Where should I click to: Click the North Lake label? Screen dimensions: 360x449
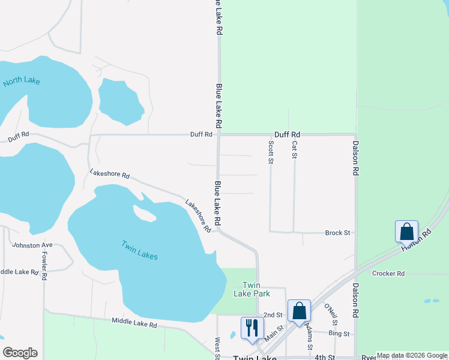coord(21,80)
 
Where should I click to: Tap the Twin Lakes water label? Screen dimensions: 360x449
coord(139,250)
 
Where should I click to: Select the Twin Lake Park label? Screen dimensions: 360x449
coord(256,289)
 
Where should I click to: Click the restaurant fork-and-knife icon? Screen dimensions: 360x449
coord(252,328)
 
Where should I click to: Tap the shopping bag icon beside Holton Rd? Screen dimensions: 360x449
coord(406,232)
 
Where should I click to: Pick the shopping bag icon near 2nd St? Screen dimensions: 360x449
coord(299,311)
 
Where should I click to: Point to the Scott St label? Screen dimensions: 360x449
coord(271,152)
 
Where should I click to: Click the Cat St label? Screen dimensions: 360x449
coord(294,150)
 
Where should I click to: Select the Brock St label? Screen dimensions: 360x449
coord(337,233)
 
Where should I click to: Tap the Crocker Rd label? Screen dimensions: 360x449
coord(388,274)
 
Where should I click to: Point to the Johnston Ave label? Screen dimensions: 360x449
coord(32,245)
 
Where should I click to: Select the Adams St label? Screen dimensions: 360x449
coord(309,336)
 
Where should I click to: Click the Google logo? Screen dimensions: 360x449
coord(20,353)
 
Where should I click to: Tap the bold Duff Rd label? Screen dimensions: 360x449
coord(287,135)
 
